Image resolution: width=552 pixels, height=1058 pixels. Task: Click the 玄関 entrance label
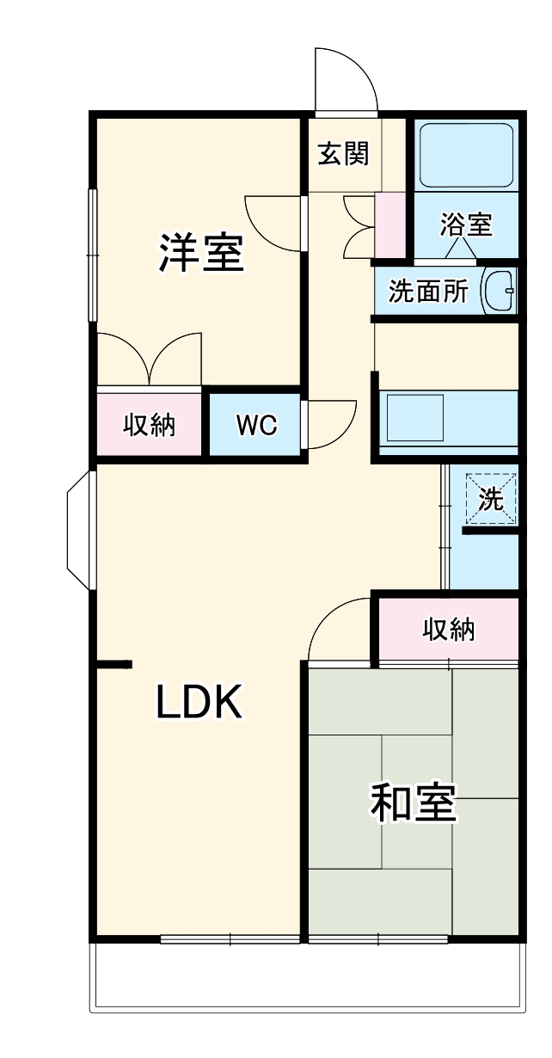(344, 154)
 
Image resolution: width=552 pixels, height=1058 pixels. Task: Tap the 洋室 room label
(200, 253)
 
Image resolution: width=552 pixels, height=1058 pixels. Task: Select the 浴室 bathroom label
(465, 225)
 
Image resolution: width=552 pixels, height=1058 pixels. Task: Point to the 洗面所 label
(427, 292)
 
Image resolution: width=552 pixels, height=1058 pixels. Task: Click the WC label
(256, 425)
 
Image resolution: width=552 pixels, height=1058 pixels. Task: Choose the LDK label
(200, 703)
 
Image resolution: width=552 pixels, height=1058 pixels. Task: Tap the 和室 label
(413, 803)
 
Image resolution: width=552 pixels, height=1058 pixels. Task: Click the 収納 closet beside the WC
(150, 425)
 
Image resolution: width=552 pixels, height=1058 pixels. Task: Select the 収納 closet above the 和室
(448, 629)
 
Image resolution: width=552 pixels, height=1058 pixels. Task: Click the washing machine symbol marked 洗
(492, 499)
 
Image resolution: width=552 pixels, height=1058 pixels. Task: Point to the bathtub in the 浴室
(466, 155)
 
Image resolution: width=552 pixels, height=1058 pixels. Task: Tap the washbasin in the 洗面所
(498, 292)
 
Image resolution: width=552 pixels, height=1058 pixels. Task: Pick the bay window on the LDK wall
(79, 530)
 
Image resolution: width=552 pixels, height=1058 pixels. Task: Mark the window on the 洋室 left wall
(92, 255)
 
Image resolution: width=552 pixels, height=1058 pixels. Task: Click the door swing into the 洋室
(273, 223)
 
